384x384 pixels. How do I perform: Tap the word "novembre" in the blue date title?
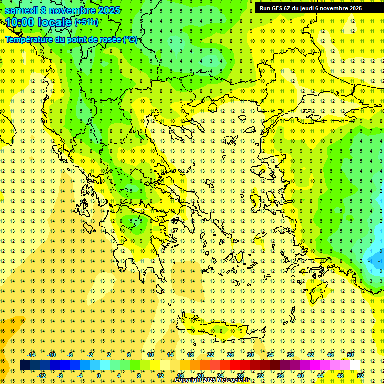coord(71,10)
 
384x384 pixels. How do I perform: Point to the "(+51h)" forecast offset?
coord(86,22)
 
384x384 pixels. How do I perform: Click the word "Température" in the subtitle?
coord(30,40)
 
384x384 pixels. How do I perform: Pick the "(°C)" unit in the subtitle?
coord(130,40)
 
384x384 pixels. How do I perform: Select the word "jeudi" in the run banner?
coord(310,8)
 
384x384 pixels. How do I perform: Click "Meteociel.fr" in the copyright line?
coord(232,380)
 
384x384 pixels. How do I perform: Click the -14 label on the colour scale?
coord(31,355)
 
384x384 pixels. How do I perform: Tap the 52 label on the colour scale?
coord(360,376)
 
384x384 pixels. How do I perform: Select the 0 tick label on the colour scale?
coord(99,376)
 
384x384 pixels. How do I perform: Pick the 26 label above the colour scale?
coord(230,355)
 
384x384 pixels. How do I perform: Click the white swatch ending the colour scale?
coord(355,365)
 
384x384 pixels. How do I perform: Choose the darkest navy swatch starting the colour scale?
coord(25,365)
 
